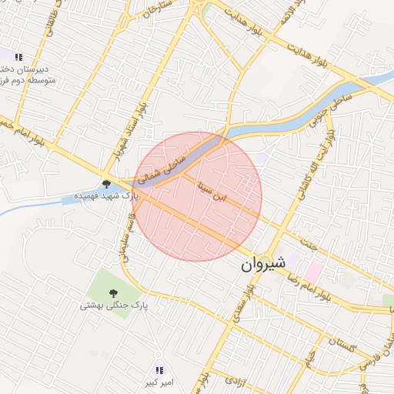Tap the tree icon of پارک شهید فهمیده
106,184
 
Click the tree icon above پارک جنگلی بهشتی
113,292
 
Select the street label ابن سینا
213,189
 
